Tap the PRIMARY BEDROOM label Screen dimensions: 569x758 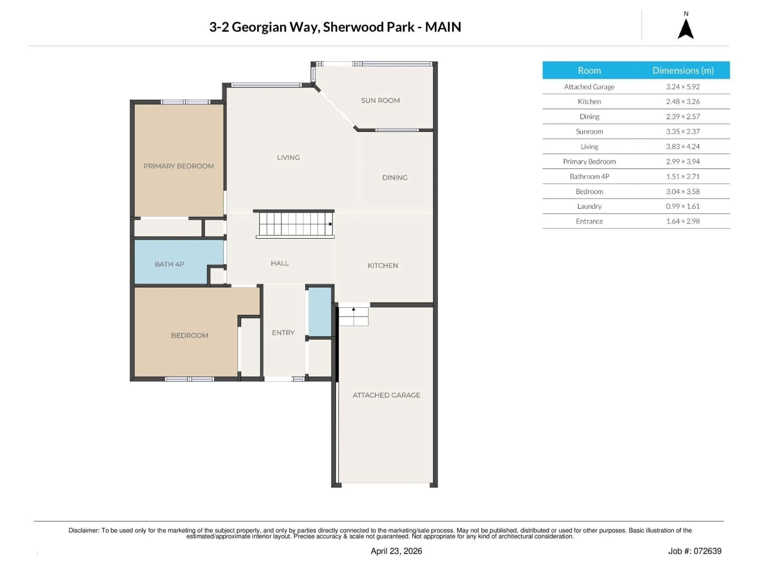tap(178, 166)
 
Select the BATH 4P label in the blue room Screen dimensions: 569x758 tap(169, 264)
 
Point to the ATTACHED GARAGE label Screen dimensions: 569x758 tap(386, 395)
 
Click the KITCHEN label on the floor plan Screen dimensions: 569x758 tap(382, 266)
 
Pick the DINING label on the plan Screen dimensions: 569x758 tap(395, 178)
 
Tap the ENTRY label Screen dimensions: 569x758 tap(283, 333)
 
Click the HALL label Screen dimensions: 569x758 tap(280, 263)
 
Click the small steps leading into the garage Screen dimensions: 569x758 tap(353, 316)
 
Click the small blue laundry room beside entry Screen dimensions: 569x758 tap(320, 311)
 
